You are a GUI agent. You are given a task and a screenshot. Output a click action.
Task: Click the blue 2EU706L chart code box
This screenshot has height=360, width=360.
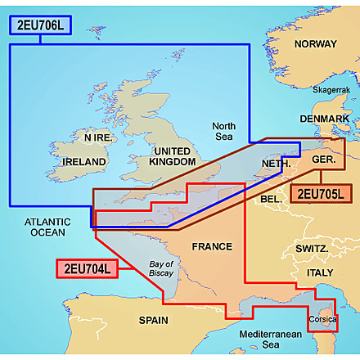click(40, 25)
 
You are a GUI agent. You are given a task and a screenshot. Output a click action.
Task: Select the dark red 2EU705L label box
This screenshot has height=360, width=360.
click(322, 194)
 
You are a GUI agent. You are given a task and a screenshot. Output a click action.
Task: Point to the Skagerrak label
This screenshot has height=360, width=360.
click(327, 88)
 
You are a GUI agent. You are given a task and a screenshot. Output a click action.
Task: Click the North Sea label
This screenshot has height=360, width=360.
click(224, 133)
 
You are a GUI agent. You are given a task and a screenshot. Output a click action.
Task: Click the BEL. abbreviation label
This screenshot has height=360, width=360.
click(270, 199)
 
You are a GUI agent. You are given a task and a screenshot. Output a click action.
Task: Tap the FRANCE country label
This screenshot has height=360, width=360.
click(212, 245)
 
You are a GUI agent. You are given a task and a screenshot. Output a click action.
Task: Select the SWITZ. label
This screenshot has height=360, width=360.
click(312, 248)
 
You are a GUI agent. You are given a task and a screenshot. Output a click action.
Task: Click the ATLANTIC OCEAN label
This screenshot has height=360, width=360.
click(48, 227)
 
